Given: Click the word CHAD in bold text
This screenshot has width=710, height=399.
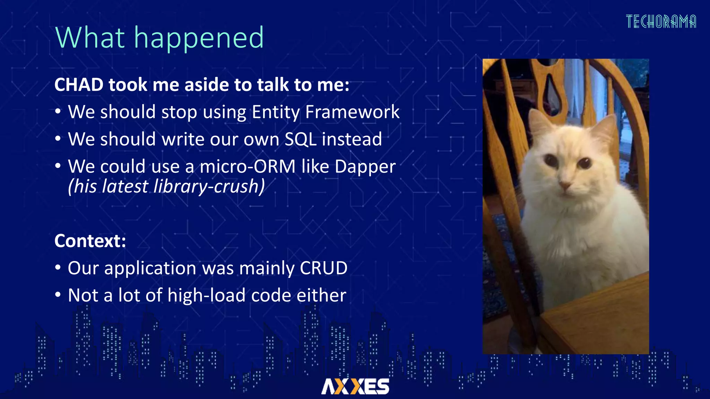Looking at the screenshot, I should (x=79, y=85).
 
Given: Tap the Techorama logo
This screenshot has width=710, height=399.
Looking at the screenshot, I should (x=661, y=22).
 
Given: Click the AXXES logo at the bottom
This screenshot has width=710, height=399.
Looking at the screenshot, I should (x=355, y=386).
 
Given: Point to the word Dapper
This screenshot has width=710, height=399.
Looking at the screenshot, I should (x=365, y=167).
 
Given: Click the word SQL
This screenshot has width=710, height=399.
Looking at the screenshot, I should (x=300, y=139).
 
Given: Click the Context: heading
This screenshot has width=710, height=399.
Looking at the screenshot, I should (x=90, y=241).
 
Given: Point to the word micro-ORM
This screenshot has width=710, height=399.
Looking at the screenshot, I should (x=248, y=167).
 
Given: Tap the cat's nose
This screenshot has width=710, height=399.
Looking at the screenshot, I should (x=565, y=186).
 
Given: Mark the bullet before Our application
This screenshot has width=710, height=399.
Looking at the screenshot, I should (x=58, y=268).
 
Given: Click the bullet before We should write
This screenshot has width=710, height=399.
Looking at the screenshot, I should (x=58, y=139).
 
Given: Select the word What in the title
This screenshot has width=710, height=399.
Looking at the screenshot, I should (x=90, y=38).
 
